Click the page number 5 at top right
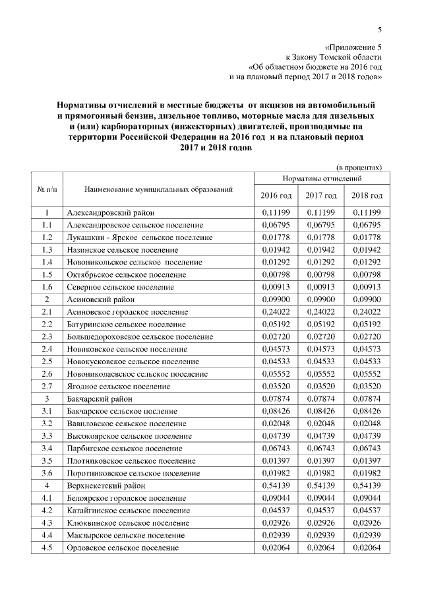pyautogui.click(x=380, y=29)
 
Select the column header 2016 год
pyautogui.click(x=276, y=196)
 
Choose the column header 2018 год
pyautogui.click(x=367, y=196)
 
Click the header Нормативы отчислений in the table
pyautogui.click(x=321, y=179)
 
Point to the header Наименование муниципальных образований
pyautogui.click(x=159, y=190)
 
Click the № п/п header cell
pyautogui.click(x=47, y=190)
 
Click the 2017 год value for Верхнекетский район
pyautogui.click(x=321, y=486)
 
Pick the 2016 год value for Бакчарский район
pyautogui.click(x=276, y=398)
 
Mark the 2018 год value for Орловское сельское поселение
pyautogui.click(x=367, y=548)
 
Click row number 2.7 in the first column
pyautogui.click(x=47, y=386)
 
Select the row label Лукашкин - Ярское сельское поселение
pyautogui.click(x=140, y=237)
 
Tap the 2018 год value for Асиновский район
pyautogui.click(x=367, y=299)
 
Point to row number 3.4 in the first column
pyautogui.click(x=47, y=448)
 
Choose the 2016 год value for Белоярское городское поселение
pyautogui.click(x=276, y=498)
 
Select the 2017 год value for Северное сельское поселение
pyautogui.click(x=321, y=287)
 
